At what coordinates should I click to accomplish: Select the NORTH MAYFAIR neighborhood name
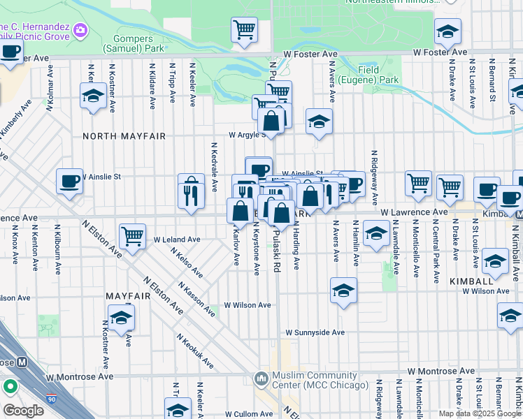[124, 136]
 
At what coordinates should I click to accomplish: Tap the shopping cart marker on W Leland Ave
[132, 235]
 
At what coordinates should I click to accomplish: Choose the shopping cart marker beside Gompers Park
[244, 30]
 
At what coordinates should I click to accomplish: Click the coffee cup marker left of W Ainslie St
[69, 181]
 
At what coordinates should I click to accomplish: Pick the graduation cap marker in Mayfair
[121, 318]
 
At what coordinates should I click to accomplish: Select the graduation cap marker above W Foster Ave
[447, 31]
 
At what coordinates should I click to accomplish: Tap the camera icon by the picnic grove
[80, 29]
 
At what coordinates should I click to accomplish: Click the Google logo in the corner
[23, 411]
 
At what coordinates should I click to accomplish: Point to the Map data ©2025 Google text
[480, 413]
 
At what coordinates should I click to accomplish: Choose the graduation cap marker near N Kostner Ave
[93, 96]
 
